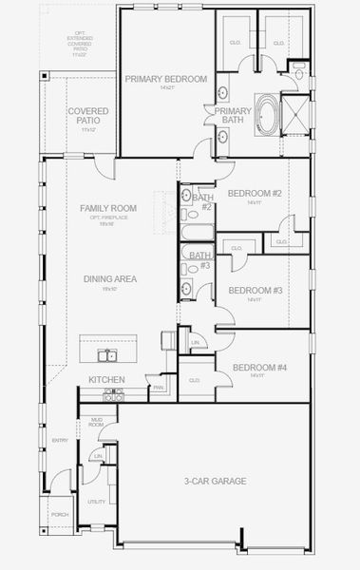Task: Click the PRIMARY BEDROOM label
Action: pyautogui.click(x=166, y=80)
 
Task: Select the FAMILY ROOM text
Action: pyautogui.click(x=107, y=208)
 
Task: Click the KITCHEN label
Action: pyautogui.click(x=107, y=379)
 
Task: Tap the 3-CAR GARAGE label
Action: pyautogui.click(x=215, y=481)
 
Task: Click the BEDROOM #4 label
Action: pyautogui.click(x=254, y=368)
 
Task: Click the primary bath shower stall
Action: pyautogui.click(x=298, y=115)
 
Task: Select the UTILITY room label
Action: pyautogui.click(x=96, y=502)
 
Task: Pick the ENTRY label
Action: pyautogui.click(x=61, y=440)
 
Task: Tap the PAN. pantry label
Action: pyautogui.click(x=157, y=387)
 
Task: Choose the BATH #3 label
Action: pyautogui.click(x=199, y=260)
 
